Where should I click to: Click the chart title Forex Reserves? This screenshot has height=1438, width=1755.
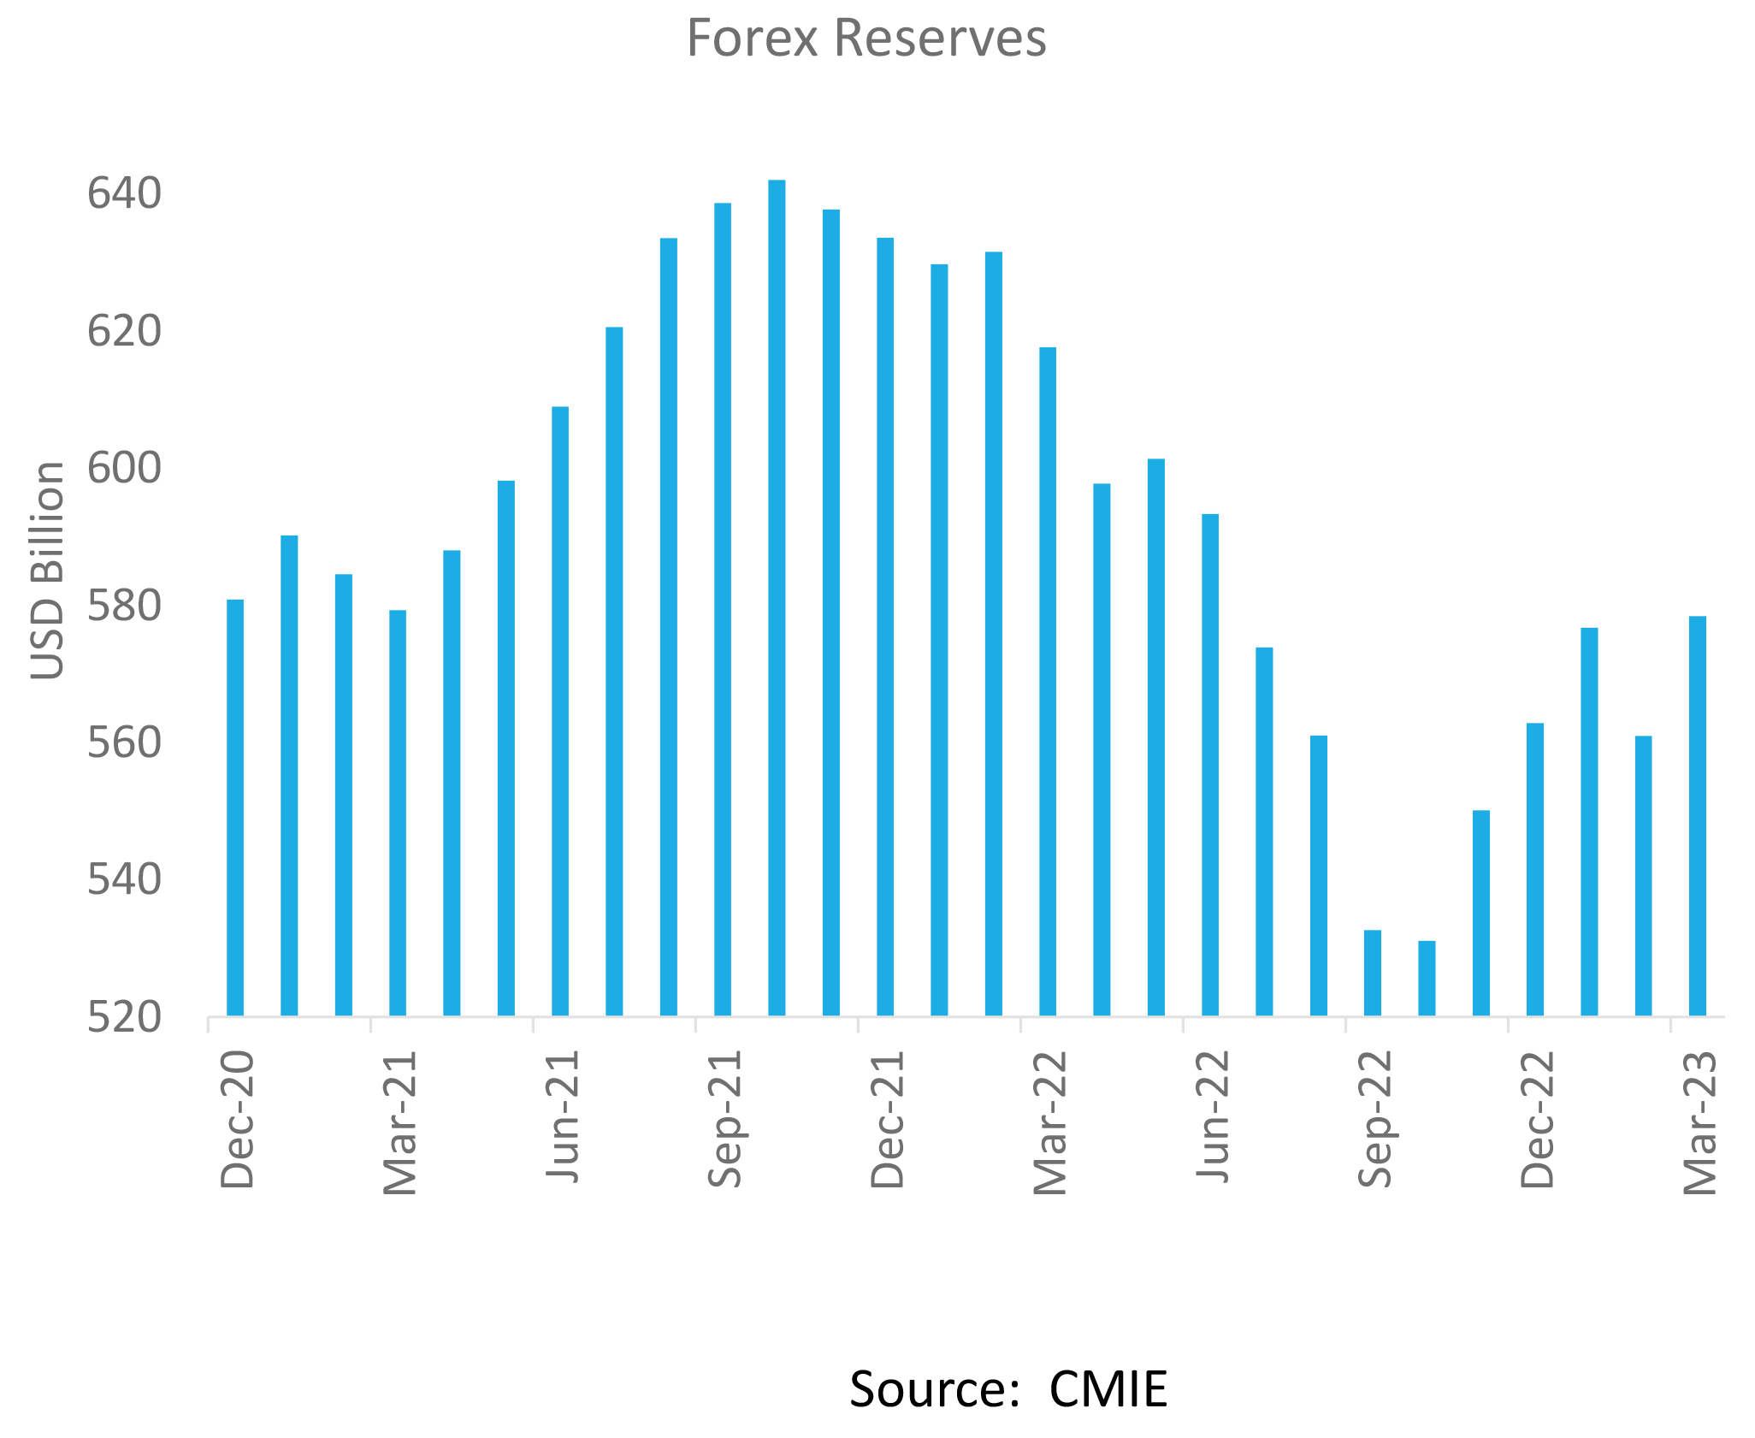coord(866,39)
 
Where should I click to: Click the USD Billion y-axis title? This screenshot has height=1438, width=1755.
coord(48,571)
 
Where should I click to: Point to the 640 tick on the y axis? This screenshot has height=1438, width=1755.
coord(124,194)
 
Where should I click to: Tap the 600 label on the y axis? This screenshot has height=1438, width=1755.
coord(124,469)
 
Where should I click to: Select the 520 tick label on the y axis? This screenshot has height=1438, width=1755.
coord(124,1018)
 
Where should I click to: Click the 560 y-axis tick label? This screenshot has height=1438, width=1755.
coord(124,743)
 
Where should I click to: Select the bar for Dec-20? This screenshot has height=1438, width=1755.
coord(235,808)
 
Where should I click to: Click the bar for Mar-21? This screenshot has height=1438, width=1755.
coord(398,813)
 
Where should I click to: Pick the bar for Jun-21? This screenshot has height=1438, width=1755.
coord(560,711)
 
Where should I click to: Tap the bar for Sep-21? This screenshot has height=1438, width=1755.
coord(723,609)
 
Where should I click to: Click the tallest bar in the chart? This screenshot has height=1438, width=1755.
coord(777,598)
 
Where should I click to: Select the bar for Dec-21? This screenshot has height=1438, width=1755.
coord(885,626)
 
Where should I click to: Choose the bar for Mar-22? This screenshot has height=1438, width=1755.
coord(1048,681)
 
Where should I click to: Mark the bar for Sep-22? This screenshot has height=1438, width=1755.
coord(1373,973)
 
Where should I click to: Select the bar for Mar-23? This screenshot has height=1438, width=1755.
coord(1698,816)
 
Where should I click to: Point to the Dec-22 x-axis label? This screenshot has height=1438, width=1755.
coord(1537,1120)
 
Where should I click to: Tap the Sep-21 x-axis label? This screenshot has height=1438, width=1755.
coord(724,1120)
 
